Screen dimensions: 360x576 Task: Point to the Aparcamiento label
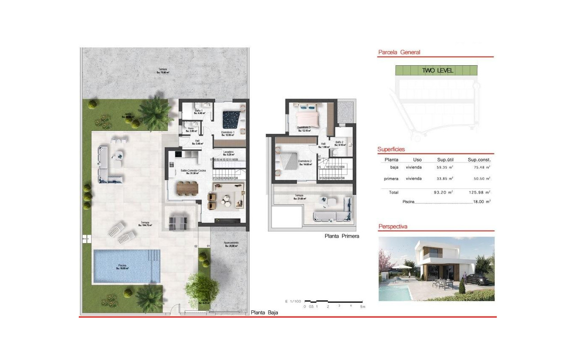(231, 244)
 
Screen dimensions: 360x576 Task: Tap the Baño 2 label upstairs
(339, 143)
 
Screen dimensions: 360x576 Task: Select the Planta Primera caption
(341, 236)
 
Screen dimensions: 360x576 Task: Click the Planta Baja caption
(265, 313)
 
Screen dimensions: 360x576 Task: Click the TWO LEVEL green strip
(437, 70)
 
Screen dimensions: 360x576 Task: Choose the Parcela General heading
(399, 53)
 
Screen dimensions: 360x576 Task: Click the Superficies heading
(391, 150)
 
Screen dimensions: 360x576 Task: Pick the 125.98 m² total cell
(479, 192)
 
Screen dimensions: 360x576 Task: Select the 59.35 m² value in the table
(445, 167)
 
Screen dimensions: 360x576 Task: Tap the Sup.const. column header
(479, 160)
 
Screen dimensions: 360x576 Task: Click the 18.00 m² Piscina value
(482, 202)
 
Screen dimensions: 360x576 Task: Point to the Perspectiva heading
(393, 227)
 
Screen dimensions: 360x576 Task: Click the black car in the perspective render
(477, 279)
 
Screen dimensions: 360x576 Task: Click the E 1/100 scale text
(292, 301)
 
